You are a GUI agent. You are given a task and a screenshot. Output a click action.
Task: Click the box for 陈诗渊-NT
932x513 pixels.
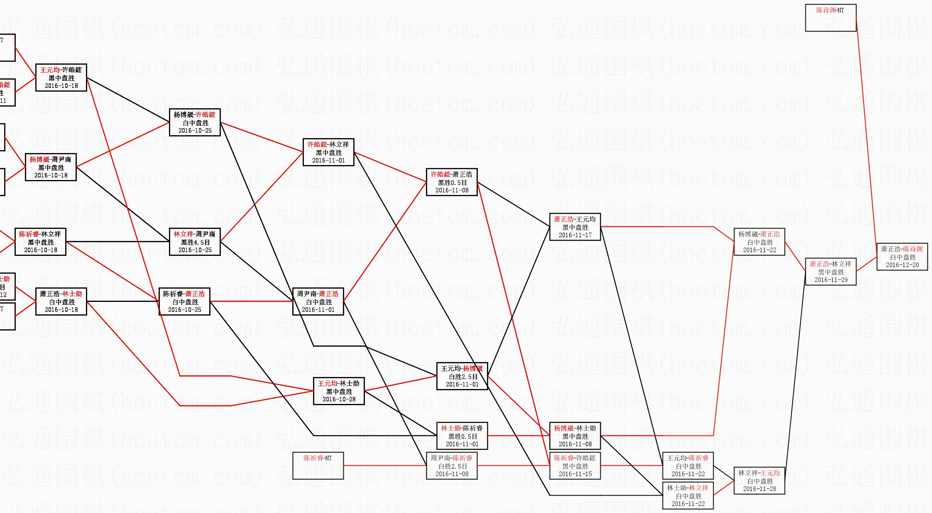[830, 18]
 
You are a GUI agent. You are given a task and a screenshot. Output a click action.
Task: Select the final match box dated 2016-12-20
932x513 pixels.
[902, 257]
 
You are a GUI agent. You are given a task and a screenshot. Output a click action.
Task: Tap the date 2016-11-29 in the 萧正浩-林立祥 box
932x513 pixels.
[831, 280]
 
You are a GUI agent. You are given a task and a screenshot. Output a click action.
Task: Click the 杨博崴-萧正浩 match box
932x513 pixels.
[759, 242]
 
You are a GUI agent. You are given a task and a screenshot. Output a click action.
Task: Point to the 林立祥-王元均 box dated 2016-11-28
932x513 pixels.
[759, 481]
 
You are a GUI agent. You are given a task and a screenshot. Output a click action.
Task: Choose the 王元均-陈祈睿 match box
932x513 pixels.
[688, 466]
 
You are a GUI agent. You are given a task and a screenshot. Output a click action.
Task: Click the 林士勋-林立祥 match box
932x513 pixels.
[688, 496]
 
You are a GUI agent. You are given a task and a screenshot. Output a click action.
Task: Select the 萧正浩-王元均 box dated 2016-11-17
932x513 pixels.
[575, 227]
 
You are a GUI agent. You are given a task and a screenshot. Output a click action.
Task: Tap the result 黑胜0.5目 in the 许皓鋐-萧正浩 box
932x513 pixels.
[452, 182]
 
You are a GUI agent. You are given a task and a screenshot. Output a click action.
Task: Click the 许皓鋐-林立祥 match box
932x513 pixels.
[328, 152]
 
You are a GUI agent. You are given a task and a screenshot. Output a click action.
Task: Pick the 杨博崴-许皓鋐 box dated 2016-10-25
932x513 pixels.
[195, 122]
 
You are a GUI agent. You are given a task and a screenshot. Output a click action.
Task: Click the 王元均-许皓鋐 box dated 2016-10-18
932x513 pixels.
[61, 78]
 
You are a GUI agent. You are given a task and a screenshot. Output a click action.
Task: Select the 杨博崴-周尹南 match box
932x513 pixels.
[51, 167]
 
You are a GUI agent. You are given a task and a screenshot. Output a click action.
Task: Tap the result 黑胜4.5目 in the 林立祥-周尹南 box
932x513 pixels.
[195, 242]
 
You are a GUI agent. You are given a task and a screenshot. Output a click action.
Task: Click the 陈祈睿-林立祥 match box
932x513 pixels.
[40, 242]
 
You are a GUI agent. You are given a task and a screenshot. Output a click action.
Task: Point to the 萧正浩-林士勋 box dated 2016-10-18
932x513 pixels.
[61, 301]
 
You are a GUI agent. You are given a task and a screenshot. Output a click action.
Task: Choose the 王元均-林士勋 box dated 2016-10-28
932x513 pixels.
[339, 391]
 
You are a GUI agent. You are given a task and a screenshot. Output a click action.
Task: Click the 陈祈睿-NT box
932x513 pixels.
[318, 466]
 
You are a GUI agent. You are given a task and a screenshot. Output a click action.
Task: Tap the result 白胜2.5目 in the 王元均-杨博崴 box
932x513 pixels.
[462, 377]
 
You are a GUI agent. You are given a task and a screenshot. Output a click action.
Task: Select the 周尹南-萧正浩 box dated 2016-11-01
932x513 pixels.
[318, 301]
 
